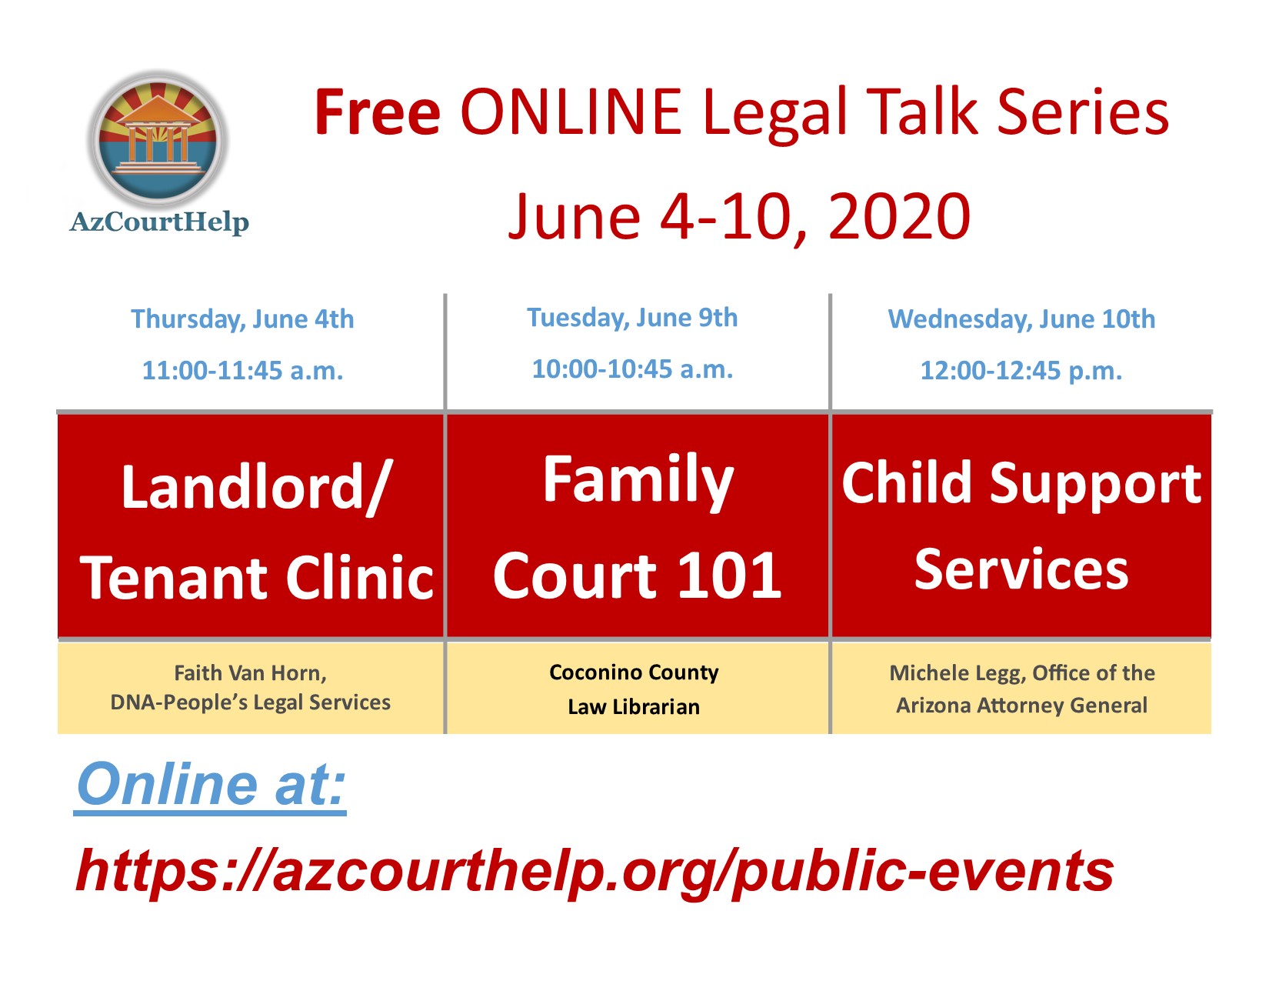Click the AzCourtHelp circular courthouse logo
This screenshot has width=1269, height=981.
158,139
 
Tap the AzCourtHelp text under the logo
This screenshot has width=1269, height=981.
159,222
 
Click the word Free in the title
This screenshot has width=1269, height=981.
378,112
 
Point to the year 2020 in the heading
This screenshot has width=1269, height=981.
899,217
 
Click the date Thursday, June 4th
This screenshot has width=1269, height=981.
242,319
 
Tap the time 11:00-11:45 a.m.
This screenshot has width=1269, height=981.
242,370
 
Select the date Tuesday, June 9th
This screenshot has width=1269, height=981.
632,318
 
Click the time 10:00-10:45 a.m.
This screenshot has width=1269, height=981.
632,369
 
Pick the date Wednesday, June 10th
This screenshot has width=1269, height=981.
1021,319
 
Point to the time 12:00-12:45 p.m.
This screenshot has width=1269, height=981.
1021,371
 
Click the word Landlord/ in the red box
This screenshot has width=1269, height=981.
256,488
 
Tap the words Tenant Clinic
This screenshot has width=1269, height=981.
257,577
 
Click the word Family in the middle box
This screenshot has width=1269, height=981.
638,482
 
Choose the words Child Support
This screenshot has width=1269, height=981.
1021,485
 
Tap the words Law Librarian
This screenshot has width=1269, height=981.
634,707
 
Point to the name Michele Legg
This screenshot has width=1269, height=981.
958,674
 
